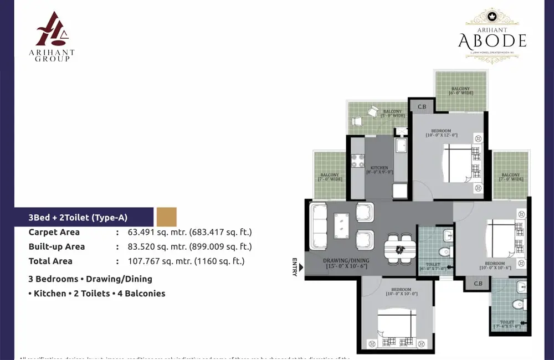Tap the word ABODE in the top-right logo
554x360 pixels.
tap(492, 40)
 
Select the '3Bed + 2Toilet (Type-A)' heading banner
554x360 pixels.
tap(78, 218)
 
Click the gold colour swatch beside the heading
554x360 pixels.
tap(166, 217)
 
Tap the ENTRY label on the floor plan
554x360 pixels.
tap(295, 266)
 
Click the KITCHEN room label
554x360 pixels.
tap(379, 169)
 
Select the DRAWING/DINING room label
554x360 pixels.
tap(347, 263)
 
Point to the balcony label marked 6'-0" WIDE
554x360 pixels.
tap(460, 90)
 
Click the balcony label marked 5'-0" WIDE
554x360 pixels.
tap(392, 114)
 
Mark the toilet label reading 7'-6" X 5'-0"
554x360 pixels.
tap(507, 324)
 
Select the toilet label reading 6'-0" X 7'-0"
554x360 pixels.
tap(433, 267)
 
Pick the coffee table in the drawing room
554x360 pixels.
tap(341, 225)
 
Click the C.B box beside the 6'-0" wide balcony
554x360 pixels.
tap(422, 106)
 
